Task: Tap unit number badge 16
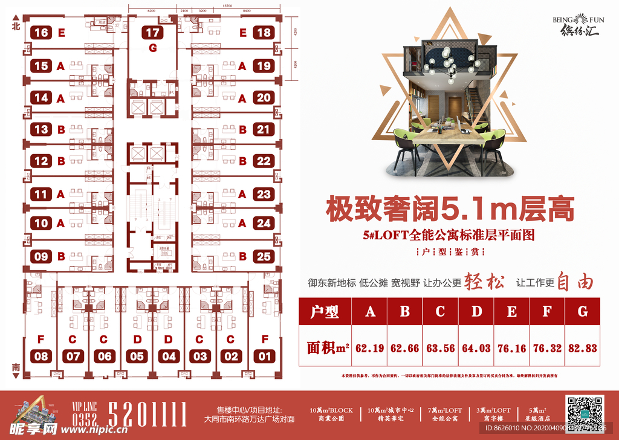(x=41, y=33)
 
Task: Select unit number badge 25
(x=264, y=256)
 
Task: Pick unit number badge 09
(x=41, y=256)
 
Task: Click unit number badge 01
(x=264, y=356)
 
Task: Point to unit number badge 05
(x=137, y=356)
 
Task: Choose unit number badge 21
(x=264, y=129)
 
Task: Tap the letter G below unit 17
(x=153, y=48)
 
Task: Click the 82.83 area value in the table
(x=582, y=348)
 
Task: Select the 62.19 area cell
(x=370, y=348)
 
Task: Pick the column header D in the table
(x=476, y=312)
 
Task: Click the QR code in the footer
(x=585, y=412)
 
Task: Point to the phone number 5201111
(x=147, y=415)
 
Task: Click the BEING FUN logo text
(x=575, y=20)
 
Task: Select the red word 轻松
(x=484, y=283)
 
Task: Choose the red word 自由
(x=574, y=282)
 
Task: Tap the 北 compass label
(x=16, y=26)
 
